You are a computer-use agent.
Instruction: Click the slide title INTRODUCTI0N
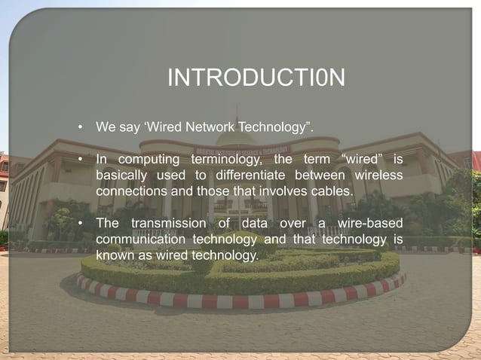[256, 78]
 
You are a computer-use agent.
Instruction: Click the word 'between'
[326, 175]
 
